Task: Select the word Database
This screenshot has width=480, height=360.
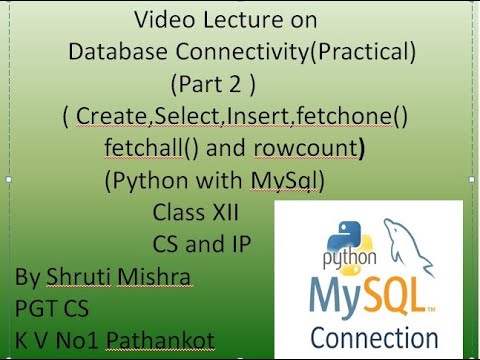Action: point(116,52)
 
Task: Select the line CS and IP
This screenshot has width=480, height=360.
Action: point(201,243)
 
